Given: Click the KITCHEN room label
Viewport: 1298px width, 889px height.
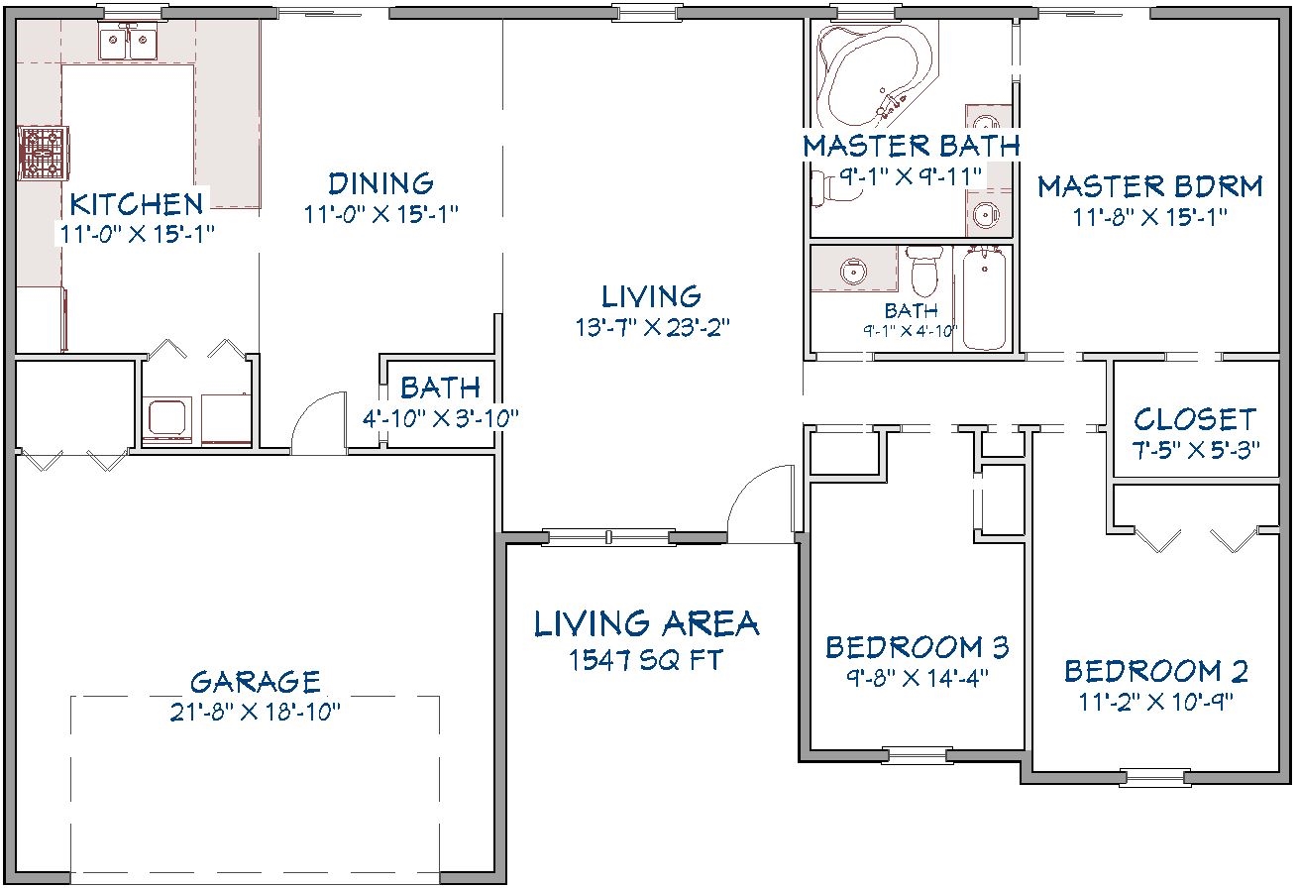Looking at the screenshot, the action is [x=136, y=204].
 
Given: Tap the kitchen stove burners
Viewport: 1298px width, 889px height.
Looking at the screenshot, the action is [x=43, y=153].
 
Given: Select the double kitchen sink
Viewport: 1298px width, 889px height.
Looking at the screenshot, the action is [x=128, y=42].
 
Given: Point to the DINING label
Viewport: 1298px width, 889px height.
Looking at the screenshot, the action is [x=380, y=183].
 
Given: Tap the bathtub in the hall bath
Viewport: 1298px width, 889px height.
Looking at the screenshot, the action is [x=984, y=297].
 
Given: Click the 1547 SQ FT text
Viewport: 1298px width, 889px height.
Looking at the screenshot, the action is [x=645, y=660].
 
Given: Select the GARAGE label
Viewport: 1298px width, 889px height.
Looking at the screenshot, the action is [x=255, y=682].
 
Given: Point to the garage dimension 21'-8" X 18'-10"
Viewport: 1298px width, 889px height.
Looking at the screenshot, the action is [x=255, y=712].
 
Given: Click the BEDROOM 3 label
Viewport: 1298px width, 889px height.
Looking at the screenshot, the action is [x=917, y=647].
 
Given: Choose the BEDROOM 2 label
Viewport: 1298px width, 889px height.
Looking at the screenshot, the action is [x=1156, y=671].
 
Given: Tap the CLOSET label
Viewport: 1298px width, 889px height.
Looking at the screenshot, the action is [x=1195, y=419].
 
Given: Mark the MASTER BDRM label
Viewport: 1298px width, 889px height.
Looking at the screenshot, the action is [x=1150, y=186].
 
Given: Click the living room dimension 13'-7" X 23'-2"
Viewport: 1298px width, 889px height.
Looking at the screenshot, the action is [x=652, y=327].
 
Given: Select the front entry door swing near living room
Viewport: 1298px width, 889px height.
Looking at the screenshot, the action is [x=761, y=504].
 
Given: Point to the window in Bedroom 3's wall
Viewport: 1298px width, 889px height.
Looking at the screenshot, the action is [x=918, y=755].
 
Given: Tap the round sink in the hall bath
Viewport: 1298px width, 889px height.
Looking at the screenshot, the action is [x=853, y=271].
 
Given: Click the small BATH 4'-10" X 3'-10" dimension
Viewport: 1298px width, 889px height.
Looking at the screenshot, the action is [x=440, y=418].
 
